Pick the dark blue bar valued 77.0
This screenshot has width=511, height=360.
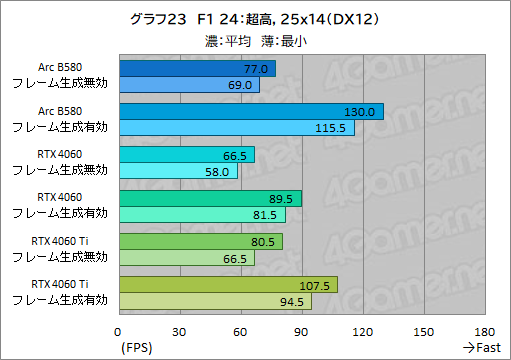pos(197,69)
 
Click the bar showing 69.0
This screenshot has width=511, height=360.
pos(189,86)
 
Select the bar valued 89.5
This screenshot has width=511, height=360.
pos(210,198)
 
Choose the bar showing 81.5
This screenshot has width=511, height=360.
pos(202,215)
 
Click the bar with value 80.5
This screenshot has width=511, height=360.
pos(201,241)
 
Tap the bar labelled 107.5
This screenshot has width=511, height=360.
pos(228,284)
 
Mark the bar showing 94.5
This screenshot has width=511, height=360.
pos(215,301)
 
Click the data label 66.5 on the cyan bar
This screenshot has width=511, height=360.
pos(236,155)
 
